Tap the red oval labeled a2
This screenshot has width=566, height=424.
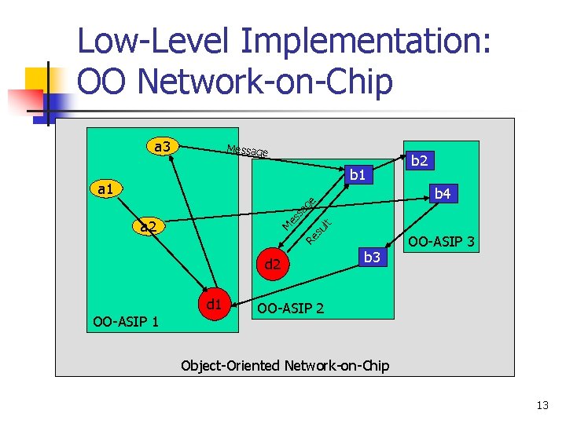(146, 228)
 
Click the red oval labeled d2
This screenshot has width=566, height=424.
(272, 265)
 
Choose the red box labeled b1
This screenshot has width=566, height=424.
(358, 174)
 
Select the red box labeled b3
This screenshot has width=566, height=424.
(371, 257)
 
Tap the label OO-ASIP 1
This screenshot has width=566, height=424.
(126, 321)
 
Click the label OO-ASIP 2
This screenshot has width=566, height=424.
(290, 309)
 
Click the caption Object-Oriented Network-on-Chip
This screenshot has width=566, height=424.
(285, 365)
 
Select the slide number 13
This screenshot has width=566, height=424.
(542, 406)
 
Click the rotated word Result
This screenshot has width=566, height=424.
(319, 231)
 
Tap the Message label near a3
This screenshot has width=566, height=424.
(247, 150)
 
